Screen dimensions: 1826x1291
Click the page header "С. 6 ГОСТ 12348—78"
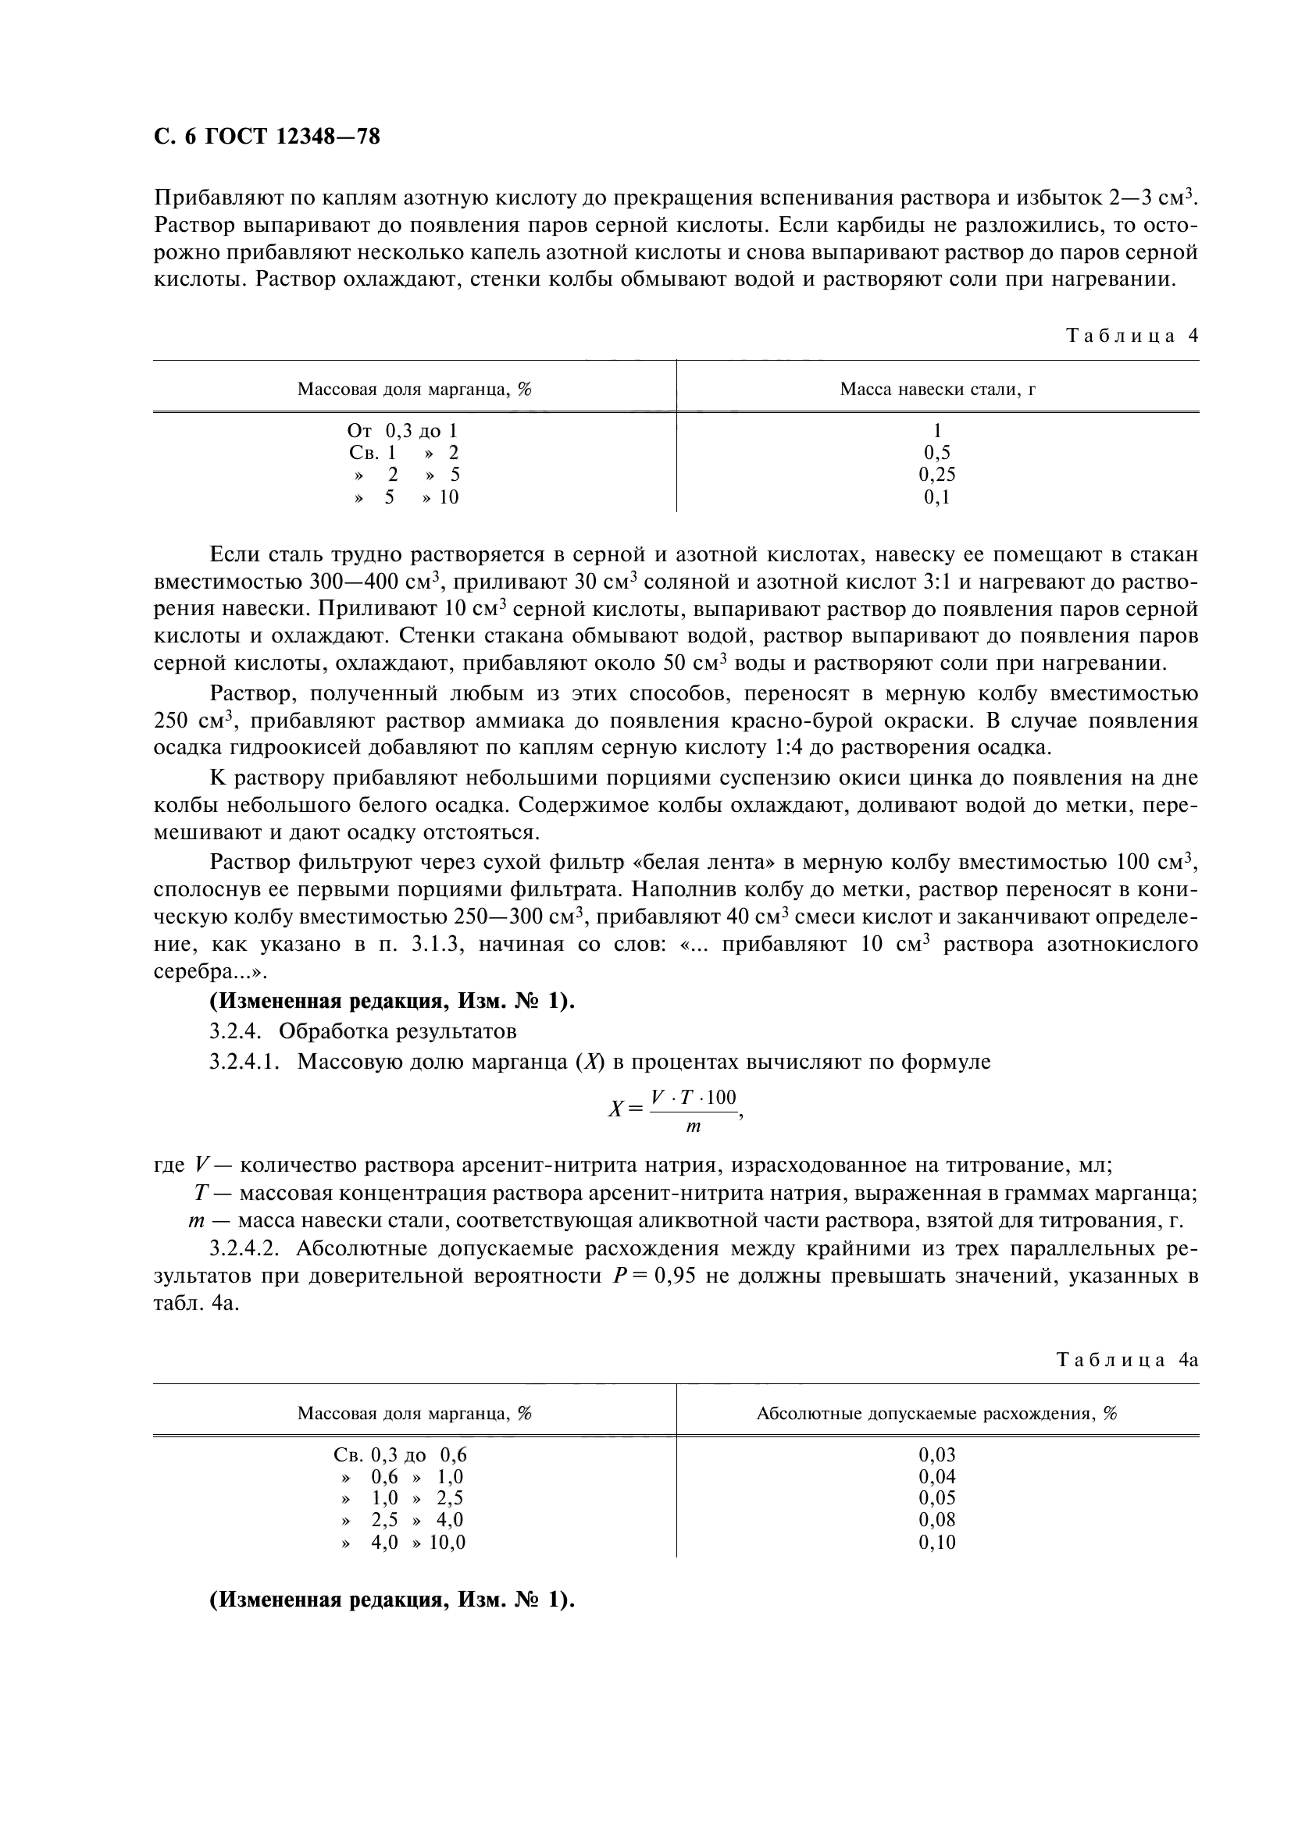click(267, 137)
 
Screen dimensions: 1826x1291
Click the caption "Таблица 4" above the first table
click(1131, 335)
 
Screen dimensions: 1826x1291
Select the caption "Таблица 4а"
click(1126, 1359)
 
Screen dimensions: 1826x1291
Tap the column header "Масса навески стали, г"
click(937, 389)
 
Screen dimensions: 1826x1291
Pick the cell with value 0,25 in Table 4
click(937, 475)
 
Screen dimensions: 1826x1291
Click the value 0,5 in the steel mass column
click(937, 453)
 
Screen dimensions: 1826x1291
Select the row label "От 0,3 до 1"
click(402, 431)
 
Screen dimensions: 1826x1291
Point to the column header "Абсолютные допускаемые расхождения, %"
click(937, 1413)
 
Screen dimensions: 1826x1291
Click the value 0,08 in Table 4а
click(937, 1520)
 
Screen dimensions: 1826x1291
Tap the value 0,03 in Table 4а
click(937, 1454)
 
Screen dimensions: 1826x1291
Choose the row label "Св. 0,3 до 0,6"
click(400, 1454)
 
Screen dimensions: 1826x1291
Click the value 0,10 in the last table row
click(937, 1542)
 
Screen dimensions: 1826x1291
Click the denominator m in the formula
click(694, 1127)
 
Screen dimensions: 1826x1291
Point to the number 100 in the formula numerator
click(721, 1098)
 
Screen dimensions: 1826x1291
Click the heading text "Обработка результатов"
click(397, 1031)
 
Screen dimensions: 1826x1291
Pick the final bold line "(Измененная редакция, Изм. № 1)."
click(392, 1600)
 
